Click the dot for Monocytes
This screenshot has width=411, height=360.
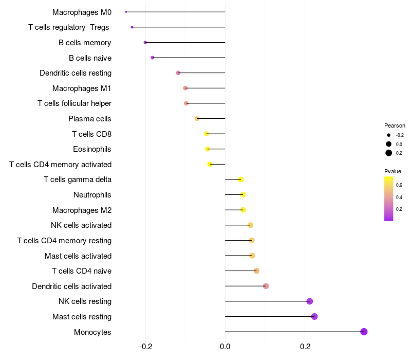[364, 332]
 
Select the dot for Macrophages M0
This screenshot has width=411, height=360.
[126, 12]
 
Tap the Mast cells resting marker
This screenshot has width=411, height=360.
[314, 316]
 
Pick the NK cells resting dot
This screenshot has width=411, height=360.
[309, 301]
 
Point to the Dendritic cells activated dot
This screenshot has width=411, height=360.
[266, 286]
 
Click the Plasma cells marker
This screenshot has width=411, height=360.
[197, 119]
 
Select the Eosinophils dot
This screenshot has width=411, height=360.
[208, 149]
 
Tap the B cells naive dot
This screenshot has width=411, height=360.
[153, 58]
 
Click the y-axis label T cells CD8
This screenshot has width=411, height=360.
[91, 134]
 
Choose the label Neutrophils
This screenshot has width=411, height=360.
[92, 195]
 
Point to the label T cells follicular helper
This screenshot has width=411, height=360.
[74, 103]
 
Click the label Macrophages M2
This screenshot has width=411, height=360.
[82, 210]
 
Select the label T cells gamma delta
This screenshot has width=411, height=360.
[78, 179]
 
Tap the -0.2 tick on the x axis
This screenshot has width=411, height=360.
[145, 347]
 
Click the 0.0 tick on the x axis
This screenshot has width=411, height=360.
[225, 347]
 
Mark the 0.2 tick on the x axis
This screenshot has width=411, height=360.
[305, 347]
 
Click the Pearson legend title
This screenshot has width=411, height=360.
[395, 125]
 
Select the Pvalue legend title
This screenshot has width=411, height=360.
[393, 171]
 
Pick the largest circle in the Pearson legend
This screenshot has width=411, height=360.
[389, 153]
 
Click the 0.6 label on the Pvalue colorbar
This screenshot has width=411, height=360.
[399, 185]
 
